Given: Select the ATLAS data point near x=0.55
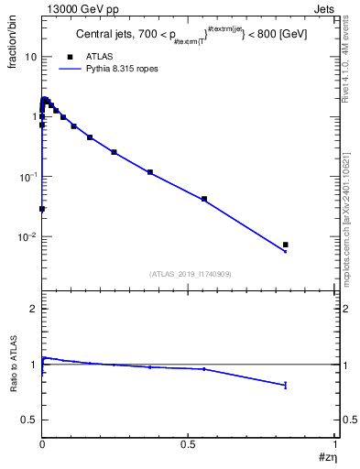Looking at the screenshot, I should tap(204, 199).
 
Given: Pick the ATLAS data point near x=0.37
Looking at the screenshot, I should tap(150, 172).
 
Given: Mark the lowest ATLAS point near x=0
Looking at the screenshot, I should tap(42, 209).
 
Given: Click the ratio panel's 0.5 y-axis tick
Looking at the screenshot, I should tap(30, 420).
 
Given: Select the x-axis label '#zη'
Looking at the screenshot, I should tap(328, 457).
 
